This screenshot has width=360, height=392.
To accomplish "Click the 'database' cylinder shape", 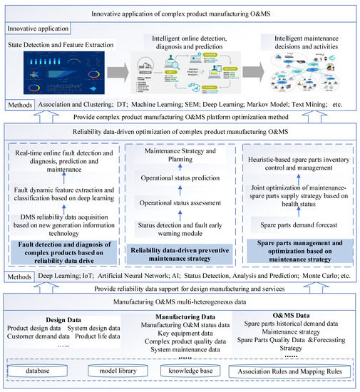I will tap(48, 371).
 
